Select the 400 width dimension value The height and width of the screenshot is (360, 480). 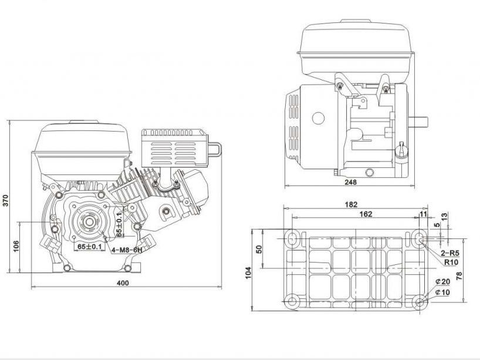pos(123,282)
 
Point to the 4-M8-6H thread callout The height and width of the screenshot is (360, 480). pos(127,250)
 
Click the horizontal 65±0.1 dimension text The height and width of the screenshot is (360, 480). pos(89,247)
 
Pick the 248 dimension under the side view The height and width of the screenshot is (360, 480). pos(350,182)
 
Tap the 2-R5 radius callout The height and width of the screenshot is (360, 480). pos(450,253)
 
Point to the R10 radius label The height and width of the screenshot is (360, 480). pos(451,262)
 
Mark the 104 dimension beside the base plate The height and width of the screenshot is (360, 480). pos(249,271)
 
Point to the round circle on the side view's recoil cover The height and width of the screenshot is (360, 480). pos(317,118)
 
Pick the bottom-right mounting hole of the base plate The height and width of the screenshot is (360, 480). pos(420,302)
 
